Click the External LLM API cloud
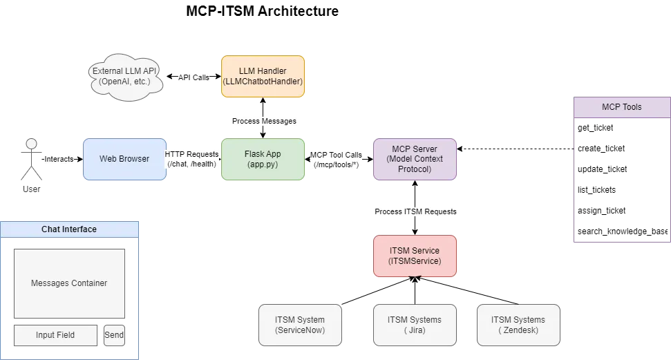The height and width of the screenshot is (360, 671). tap(124, 76)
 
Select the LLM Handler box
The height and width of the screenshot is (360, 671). tap(263, 76)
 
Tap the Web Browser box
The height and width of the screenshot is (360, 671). tap(124, 159)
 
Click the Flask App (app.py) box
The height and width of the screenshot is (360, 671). tap(263, 160)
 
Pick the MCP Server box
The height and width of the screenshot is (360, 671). tap(415, 160)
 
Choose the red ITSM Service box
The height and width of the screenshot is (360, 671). tap(415, 256)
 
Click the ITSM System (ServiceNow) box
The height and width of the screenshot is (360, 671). tap(300, 325)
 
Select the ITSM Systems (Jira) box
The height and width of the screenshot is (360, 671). tap(415, 325)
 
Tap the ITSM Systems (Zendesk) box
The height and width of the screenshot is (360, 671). tap(518, 325)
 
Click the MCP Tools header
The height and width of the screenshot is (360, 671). tap(621, 107)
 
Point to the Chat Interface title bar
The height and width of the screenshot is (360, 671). tap(69, 229)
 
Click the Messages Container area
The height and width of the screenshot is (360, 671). tap(69, 283)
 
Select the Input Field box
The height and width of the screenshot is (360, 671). tap(55, 335)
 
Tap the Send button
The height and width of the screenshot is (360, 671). tap(114, 335)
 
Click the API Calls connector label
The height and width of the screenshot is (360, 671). tap(193, 78)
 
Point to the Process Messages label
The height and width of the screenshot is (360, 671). tap(264, 122)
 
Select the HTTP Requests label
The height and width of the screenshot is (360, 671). tap(191, 159)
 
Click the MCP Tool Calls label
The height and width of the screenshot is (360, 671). tap(336, 160)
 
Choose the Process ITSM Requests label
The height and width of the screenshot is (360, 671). tap(415, 211)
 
